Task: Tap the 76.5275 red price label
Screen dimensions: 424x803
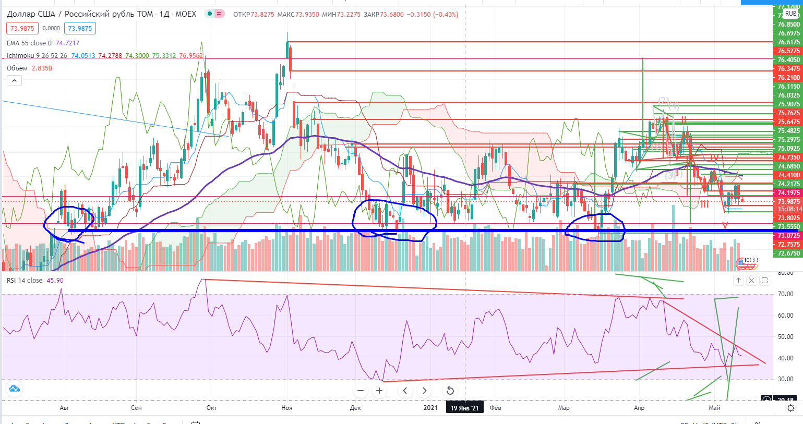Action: [x=788, y=51]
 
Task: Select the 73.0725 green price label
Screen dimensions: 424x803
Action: [x=788, y=236]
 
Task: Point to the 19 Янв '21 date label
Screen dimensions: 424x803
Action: [x=464, y=408]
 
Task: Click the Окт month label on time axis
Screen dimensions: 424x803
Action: [x=211, y=408]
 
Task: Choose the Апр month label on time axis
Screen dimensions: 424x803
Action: [x=639, y=408]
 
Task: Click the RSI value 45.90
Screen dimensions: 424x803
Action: [x=55, y=281]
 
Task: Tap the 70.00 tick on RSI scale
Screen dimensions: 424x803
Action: [x=785, y=294]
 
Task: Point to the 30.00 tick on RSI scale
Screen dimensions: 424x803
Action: [x=785, y=379]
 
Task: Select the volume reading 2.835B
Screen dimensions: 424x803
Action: [x=42, y=68]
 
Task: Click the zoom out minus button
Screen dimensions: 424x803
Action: [x=361, y=391]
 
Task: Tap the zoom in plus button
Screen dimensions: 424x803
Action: [x=379, y=391]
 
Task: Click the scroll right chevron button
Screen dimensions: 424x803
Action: [x=425, y=391]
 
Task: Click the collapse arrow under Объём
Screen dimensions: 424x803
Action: [x=14, y=81]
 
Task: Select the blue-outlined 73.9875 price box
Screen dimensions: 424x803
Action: [x=80, y=29]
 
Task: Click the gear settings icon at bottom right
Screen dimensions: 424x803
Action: [x=791, y=408]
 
